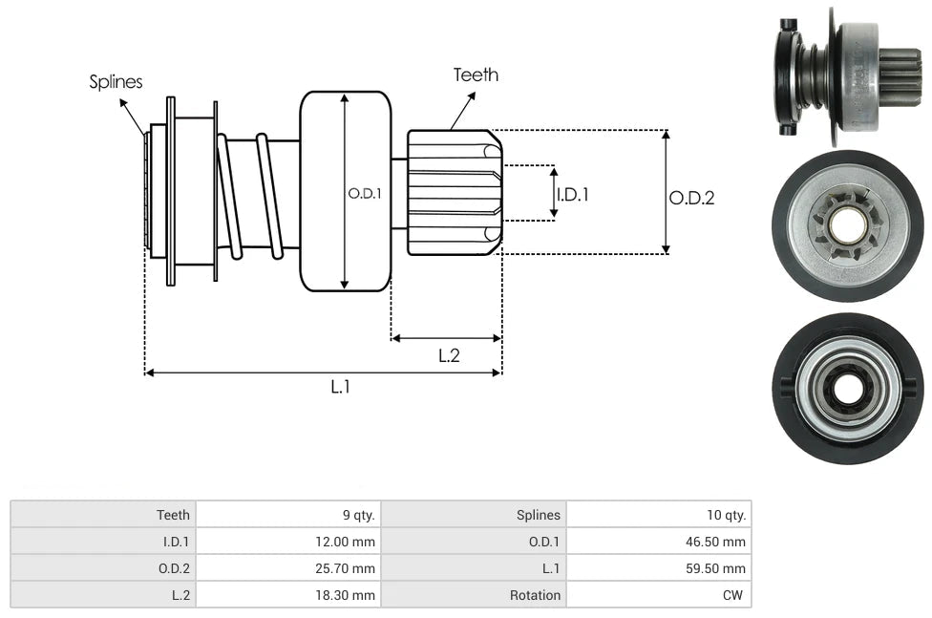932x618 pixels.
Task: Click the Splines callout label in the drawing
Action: (x=116, y=82)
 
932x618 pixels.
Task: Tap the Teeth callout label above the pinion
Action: (x=476, y=75)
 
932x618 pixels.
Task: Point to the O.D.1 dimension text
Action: (x=365, y=193)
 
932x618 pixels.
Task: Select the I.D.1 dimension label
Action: (x=573, y=195)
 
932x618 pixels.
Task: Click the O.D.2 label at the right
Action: (x=691, y=198)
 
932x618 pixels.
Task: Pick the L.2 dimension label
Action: (x=449, y=355)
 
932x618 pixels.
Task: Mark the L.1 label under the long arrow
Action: (x=341, y=387)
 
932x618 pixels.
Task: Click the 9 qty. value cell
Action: (x=359, y=515)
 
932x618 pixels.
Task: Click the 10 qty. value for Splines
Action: (x=727, y=515)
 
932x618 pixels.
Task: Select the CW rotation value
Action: (x=735, y=595)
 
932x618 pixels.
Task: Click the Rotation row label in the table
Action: (x=535, y=595)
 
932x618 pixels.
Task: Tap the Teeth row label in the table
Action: (x=173, y=515)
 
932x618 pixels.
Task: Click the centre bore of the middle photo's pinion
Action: (x=848, y=225)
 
